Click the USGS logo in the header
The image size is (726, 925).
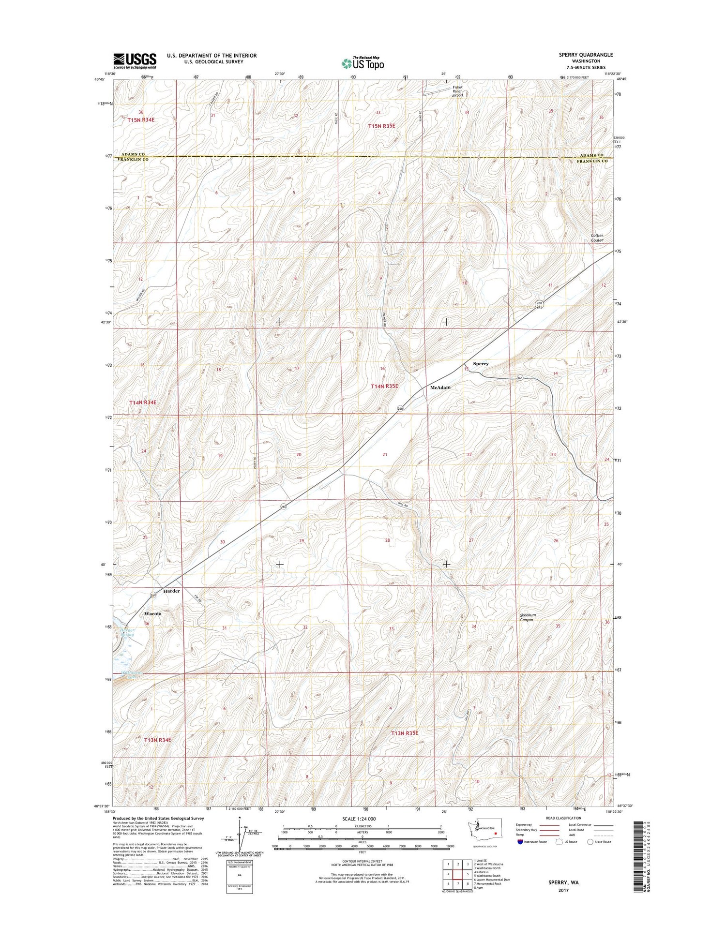(x=135, y=61)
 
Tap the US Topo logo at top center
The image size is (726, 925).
(x=363, y=63)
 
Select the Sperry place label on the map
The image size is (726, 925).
(x=481, y=363)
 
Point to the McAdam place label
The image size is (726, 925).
(x=440, y=388)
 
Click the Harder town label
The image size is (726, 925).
(x=171, y=591)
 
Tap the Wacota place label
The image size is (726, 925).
(x=153, y=613)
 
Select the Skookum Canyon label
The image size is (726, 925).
(x=527, y=617)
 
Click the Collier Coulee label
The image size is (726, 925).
(x=596, y=238)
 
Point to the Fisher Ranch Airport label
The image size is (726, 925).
(x=457, y=91)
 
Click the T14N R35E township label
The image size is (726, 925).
(x=384, y=386)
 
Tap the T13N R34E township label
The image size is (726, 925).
(x=157, y=740)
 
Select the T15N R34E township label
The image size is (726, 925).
(x=140, y=119)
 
